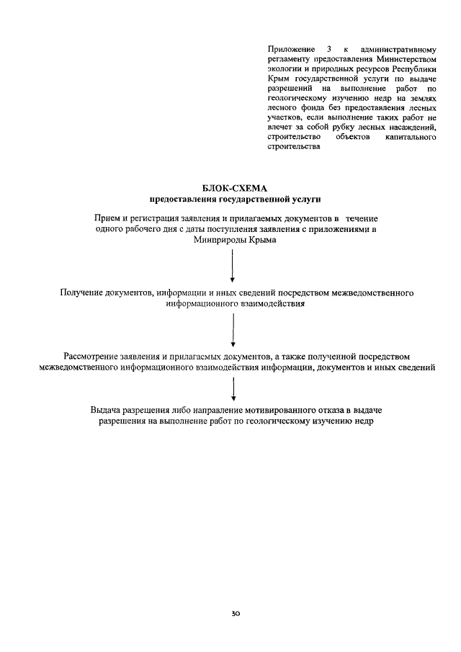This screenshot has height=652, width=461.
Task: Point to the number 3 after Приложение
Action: pos(328,48)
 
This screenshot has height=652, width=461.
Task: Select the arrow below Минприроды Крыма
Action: pos(233,267)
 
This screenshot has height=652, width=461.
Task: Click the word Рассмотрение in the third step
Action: pos(94,356)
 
